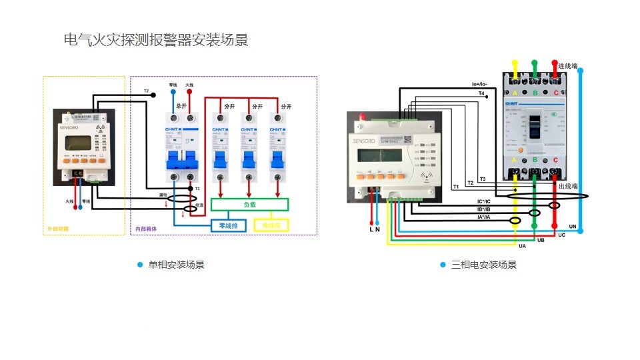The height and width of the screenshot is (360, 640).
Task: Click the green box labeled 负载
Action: point(249,205)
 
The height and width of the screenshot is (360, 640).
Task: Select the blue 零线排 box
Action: point(229,226)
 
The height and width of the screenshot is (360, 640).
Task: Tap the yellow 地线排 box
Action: point(271,226)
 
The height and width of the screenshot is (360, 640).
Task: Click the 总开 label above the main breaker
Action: point(181,106)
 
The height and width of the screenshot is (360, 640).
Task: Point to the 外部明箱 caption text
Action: point(57,229)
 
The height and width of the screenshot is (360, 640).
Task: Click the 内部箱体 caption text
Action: point(146,229)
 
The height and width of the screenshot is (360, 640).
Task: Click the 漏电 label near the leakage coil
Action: point(163,195)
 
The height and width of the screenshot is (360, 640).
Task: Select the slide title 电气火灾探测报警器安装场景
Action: point(155,40)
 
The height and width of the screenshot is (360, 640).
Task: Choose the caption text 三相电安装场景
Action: point(484,265)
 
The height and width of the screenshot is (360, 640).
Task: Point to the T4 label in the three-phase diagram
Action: point(481,94)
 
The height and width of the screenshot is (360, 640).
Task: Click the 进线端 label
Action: point(567,66)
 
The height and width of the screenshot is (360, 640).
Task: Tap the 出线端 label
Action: point(568,186)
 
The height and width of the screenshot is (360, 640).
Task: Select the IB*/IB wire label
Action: point(483,209)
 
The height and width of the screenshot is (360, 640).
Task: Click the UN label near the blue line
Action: point(572,227)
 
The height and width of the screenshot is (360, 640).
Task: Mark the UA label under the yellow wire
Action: point(522,247)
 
